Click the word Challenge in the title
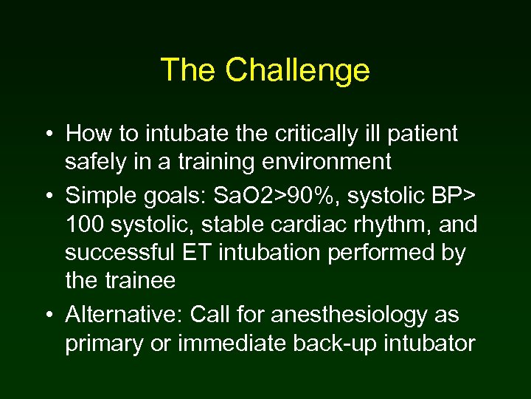[x=297, y=71]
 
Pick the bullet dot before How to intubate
[x=47, y=135]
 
